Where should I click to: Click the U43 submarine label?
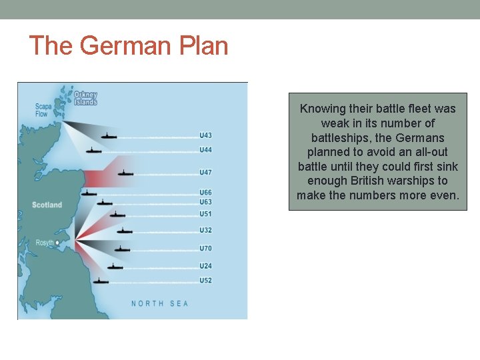206,136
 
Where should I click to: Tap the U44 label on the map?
206,150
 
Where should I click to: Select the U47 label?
206,173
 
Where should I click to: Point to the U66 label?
206,193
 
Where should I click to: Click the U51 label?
206,214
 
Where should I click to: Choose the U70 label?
206,249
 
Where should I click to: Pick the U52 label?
206,280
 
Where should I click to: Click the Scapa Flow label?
43,110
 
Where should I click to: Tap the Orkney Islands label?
85,98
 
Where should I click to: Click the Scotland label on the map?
47,205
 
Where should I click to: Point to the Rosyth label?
45,243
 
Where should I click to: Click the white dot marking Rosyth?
58,243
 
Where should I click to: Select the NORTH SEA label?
160,303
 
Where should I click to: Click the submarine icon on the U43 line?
109,136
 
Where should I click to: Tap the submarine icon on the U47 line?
125,173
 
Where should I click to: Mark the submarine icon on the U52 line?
101,281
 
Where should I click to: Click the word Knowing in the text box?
323,109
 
